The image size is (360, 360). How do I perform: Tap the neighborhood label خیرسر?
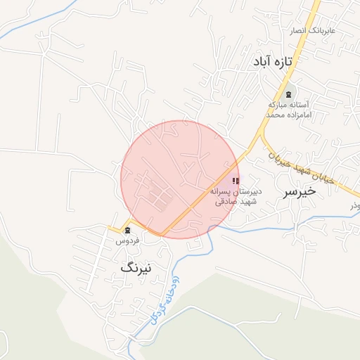pos(298,191)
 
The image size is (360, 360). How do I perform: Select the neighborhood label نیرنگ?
pos(136,267)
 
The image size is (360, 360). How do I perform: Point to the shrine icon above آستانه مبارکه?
pos(288,94)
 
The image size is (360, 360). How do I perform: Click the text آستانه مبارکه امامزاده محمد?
pos(288,109)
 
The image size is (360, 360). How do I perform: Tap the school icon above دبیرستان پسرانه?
pos(235,181)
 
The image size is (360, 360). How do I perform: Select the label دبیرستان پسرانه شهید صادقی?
pos(236,195)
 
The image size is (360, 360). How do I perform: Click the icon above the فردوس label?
pos(127,230)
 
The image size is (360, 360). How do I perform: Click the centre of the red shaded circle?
pos(180,179)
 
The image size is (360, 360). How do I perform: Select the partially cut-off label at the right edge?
pos(355,205)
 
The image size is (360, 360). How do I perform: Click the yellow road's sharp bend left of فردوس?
pos(112,229)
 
